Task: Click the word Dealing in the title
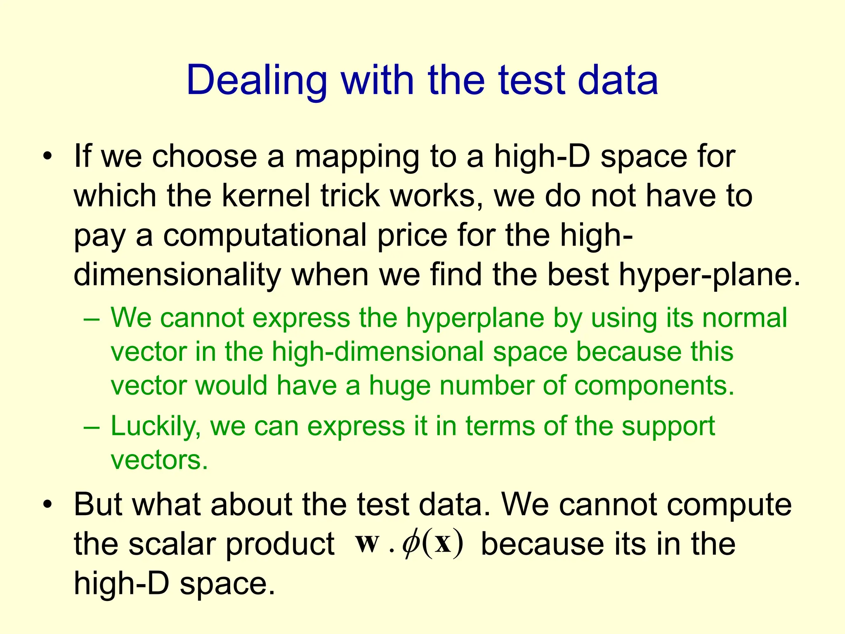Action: (257, 81)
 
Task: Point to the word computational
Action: (264, 235)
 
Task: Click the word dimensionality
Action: (177, 274)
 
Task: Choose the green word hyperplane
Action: (475, 319)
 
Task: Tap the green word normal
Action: (745, 318)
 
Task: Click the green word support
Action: (668, 426)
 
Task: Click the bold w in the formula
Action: (367, 543)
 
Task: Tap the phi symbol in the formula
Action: (411, 544)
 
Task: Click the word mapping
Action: (356, 157)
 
